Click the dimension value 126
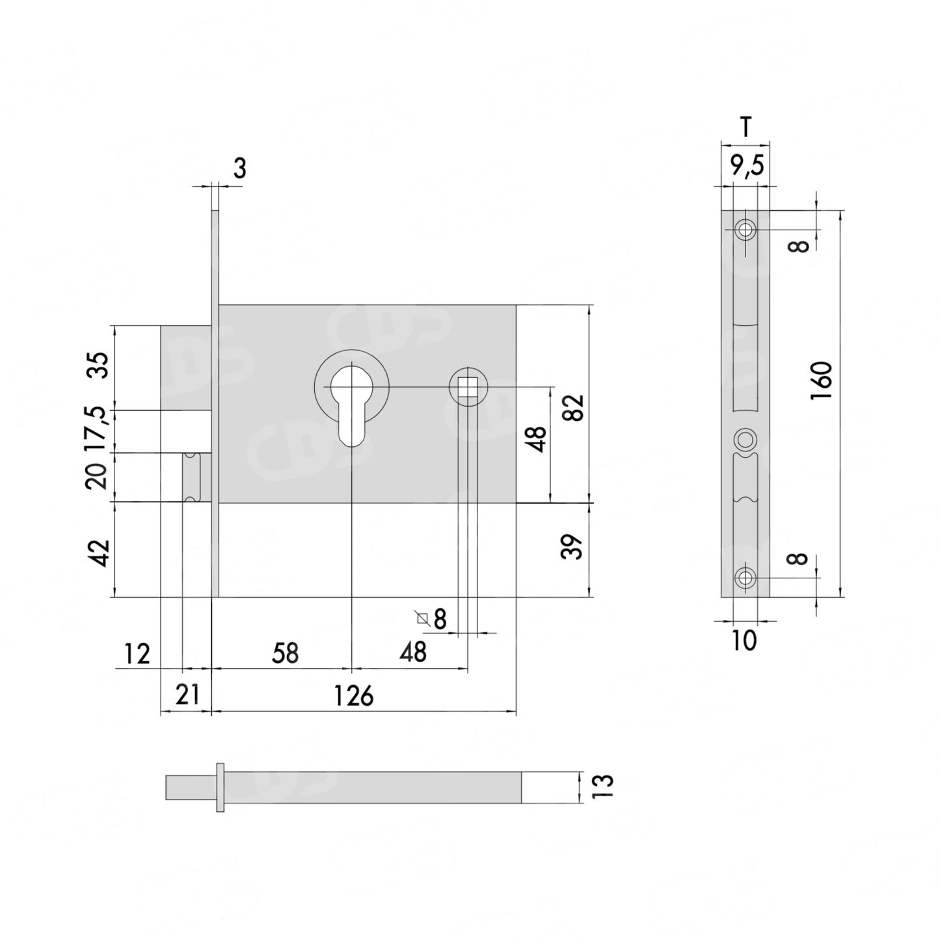[x=354, y=695]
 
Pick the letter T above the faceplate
[x=746, y=128]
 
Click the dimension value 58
[x=286, y=653]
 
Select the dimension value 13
[x=602, y=786]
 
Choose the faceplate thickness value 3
[x=239, y=168]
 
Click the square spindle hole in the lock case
[x=468, y=387]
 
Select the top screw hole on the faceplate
[x=745, y=230]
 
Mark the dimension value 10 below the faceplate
[x=744, y=641]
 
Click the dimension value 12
[x=137, y=654]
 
